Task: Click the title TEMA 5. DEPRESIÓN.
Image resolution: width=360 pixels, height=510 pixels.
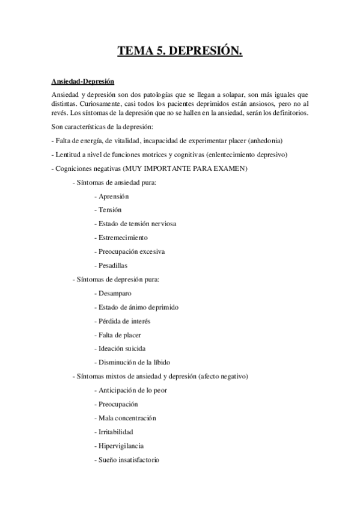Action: [x=180, y=52]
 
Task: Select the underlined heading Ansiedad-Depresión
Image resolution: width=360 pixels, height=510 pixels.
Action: [x=82, y=81]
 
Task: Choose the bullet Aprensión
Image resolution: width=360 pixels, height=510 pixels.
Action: [x=112, y=196]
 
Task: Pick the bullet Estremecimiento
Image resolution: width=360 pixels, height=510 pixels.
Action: [x=122, y=238]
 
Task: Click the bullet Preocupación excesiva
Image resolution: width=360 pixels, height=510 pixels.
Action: [x=130, y=251]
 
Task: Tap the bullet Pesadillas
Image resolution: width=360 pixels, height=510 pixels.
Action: [x=112, y=265]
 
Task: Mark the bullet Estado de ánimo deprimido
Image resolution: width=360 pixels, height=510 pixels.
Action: [x=138, y=307]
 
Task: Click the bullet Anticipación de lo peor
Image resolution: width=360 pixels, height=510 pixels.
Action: [x=132, y=390]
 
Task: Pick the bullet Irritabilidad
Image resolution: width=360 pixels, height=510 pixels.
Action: [x=115, y=432]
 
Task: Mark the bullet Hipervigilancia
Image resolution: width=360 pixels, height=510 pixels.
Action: [x=120, y=446]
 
